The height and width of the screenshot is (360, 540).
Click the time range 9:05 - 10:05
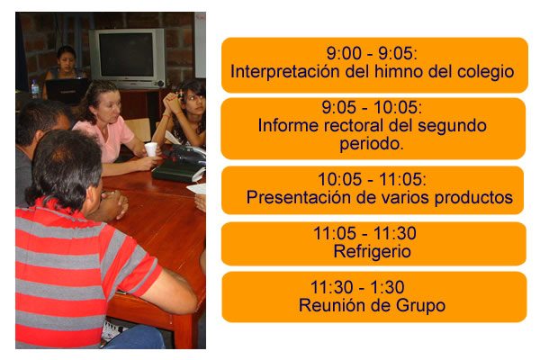coord(372,107)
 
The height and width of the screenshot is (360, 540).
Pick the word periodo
coord(372,145)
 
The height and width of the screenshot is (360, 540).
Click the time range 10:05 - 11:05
coord(372,179)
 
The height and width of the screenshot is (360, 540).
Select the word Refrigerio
coord(372,252)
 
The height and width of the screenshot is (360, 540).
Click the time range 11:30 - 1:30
coord(357,287)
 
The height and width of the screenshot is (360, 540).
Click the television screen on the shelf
coord(127,54)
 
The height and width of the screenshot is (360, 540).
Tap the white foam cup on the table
coord(150,149)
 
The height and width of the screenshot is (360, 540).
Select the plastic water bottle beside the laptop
coord(35,89)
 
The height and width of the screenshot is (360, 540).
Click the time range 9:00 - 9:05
coord(372,53)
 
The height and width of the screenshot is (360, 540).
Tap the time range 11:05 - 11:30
coord(365,234)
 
